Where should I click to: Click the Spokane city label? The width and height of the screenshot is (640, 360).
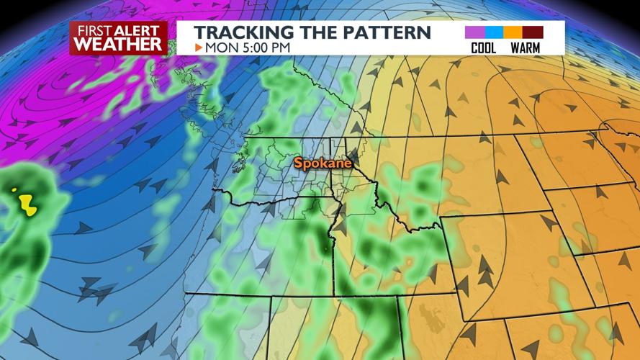[323, 164]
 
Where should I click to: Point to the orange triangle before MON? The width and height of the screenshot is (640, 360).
[199, 48]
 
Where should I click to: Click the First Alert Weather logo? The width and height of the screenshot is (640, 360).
[118, 38]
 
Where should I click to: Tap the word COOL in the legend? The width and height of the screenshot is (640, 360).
[483, 48]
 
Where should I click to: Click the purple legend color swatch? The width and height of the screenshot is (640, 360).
[474, 32]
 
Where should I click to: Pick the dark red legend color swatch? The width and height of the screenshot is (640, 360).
[533, 32]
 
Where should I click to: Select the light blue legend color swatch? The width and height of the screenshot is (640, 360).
[493, 32]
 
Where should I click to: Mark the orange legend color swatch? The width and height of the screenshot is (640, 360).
[513, 32]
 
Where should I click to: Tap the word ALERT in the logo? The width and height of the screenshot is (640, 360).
[140, 30]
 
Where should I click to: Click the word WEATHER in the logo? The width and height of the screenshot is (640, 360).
[118, 44]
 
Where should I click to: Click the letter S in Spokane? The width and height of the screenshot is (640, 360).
[297, 164]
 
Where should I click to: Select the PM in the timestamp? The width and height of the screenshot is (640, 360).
[282, 48]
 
